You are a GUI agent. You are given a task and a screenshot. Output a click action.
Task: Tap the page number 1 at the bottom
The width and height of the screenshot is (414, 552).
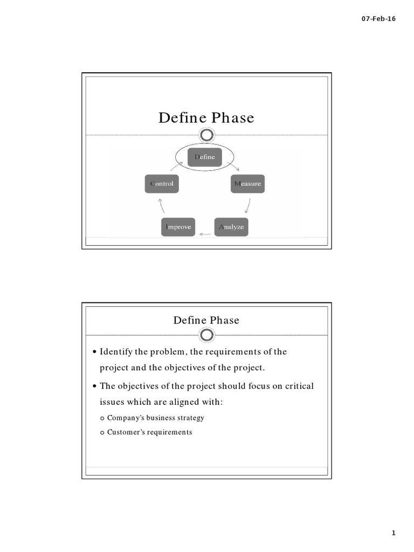394,533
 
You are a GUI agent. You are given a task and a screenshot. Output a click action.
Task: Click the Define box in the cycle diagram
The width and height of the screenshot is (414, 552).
204,156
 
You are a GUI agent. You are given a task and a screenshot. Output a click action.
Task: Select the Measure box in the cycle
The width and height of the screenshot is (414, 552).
247,184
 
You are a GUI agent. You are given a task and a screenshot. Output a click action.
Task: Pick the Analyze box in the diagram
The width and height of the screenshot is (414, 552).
231,227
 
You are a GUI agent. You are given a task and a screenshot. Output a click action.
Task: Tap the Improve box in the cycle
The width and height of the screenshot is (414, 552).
178,227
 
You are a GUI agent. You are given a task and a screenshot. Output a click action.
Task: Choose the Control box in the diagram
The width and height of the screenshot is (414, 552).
162,184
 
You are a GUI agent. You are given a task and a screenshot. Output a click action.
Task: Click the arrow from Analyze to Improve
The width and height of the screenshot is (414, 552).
205,234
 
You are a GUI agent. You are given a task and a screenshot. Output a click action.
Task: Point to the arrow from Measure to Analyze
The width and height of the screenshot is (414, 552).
248,206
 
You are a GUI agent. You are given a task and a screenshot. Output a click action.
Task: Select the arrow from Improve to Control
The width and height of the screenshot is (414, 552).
161,206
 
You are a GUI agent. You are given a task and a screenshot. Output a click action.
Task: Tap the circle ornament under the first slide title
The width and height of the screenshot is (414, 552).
206,135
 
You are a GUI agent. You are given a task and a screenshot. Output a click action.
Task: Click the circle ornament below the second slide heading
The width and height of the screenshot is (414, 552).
206,335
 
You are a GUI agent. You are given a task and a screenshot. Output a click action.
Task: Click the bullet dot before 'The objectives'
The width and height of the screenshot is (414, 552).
95,387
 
